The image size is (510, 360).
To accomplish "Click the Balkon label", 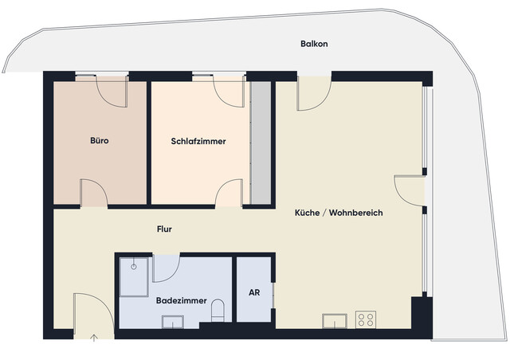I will coord(314,44).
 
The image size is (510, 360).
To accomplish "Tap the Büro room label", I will coord(100,141).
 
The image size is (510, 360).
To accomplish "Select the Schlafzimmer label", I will coord(198,141).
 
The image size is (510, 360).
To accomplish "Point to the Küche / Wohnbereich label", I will coord(339,213).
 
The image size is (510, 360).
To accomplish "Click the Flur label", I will coord(164,229).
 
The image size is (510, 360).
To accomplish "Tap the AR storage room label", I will coord(254,292).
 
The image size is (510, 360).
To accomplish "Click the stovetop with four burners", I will coord(367,319).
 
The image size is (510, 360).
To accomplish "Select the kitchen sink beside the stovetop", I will coord(334,321).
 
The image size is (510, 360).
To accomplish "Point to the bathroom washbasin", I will coord(172,322).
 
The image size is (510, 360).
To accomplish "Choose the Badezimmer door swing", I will coord(166,268).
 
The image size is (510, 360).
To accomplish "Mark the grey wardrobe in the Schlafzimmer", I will coord(260,142).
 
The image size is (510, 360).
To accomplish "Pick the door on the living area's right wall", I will coord(410,190).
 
